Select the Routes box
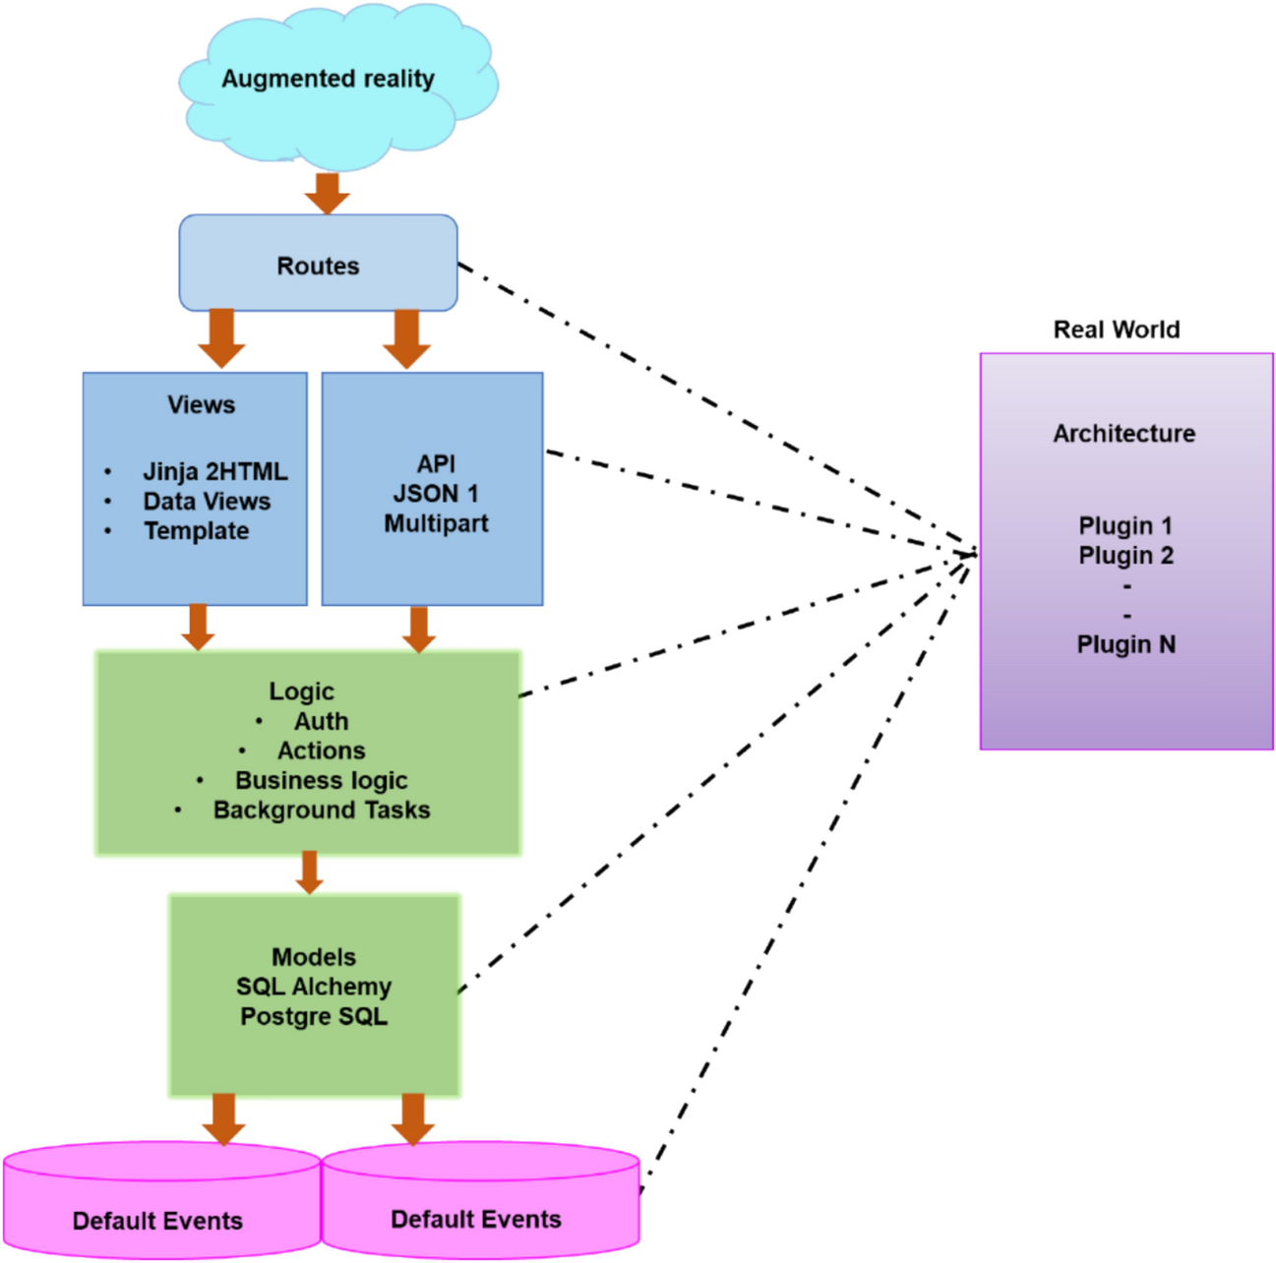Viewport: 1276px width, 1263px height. pos(318,265)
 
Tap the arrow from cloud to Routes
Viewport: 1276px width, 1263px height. pos(327,193)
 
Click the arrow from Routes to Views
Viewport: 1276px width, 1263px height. pos(222,338)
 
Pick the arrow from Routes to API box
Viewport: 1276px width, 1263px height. pos(406,338)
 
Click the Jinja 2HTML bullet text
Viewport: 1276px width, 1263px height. pos(214,471)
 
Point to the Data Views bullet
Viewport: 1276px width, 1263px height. pos(206,501)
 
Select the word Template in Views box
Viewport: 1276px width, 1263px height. pos(196,531)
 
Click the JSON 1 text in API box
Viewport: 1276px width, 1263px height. pos(436,494)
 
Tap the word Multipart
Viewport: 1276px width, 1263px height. pos(436,523)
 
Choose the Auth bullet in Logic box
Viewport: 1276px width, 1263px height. pos(321,721)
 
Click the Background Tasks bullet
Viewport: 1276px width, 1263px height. pos(322,810)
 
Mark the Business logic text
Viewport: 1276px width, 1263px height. pos(321,780)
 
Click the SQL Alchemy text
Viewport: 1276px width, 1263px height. pos(314,987)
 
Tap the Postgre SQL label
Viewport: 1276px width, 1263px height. pos(314,1016)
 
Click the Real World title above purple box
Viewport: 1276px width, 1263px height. pos(1116,330)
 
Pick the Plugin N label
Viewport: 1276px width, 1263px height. pos(1125,644)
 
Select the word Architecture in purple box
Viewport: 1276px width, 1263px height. pos(1124,433)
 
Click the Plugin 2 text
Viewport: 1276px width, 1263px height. pos(1125,556)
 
